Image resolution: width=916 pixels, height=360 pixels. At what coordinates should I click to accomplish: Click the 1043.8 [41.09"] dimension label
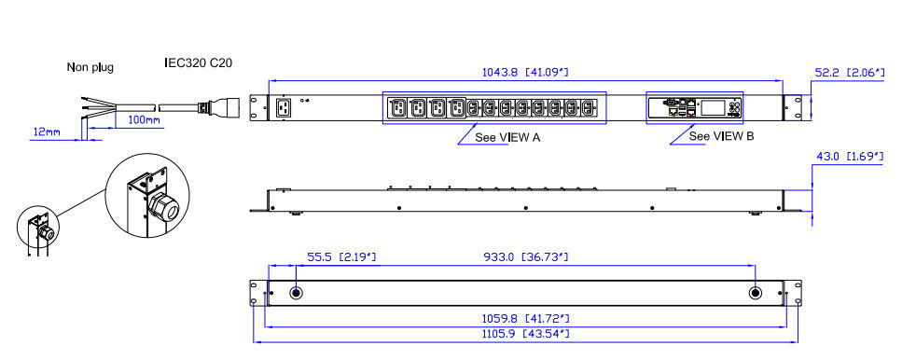[524, 73]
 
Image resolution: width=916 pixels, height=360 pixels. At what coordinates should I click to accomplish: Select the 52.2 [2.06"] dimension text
[850, 73]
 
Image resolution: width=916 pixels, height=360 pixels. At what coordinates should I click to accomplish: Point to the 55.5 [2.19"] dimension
[341, 257]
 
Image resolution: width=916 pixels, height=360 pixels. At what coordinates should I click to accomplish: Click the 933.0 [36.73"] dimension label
[526, 257]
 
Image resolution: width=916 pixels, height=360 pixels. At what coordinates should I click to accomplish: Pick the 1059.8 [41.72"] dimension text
[525, 319]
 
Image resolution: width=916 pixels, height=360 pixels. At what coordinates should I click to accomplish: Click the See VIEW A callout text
[507, 138]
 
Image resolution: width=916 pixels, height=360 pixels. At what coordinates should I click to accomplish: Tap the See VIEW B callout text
[721, 136]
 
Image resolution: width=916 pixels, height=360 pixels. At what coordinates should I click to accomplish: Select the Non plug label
[90, 67]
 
